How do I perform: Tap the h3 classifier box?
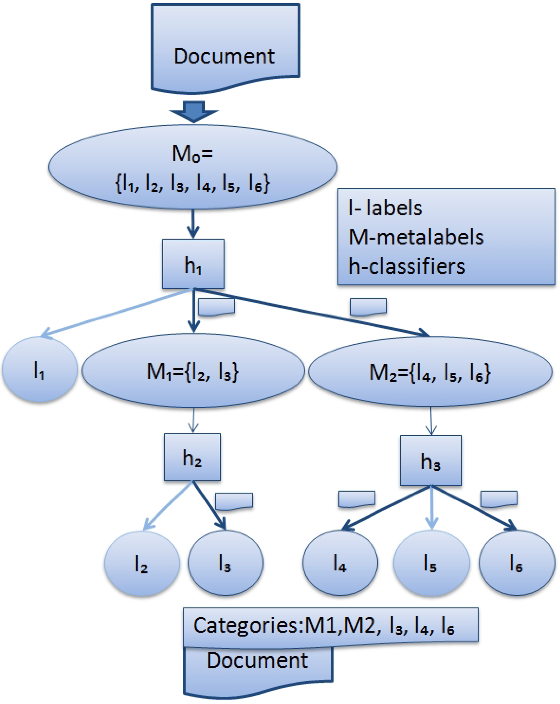click(431, 461)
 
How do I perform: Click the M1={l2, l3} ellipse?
click(193, 371)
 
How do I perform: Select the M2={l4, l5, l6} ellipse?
click(430, 372)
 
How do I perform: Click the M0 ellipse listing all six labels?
click(193, 167)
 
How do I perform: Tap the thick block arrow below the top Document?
click(194, 111)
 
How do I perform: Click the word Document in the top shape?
click(224, 56)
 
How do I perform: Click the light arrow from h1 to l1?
click(114, 313)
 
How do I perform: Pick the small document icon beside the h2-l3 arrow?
click(233, 501)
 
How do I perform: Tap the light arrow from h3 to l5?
click(431, 508)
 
